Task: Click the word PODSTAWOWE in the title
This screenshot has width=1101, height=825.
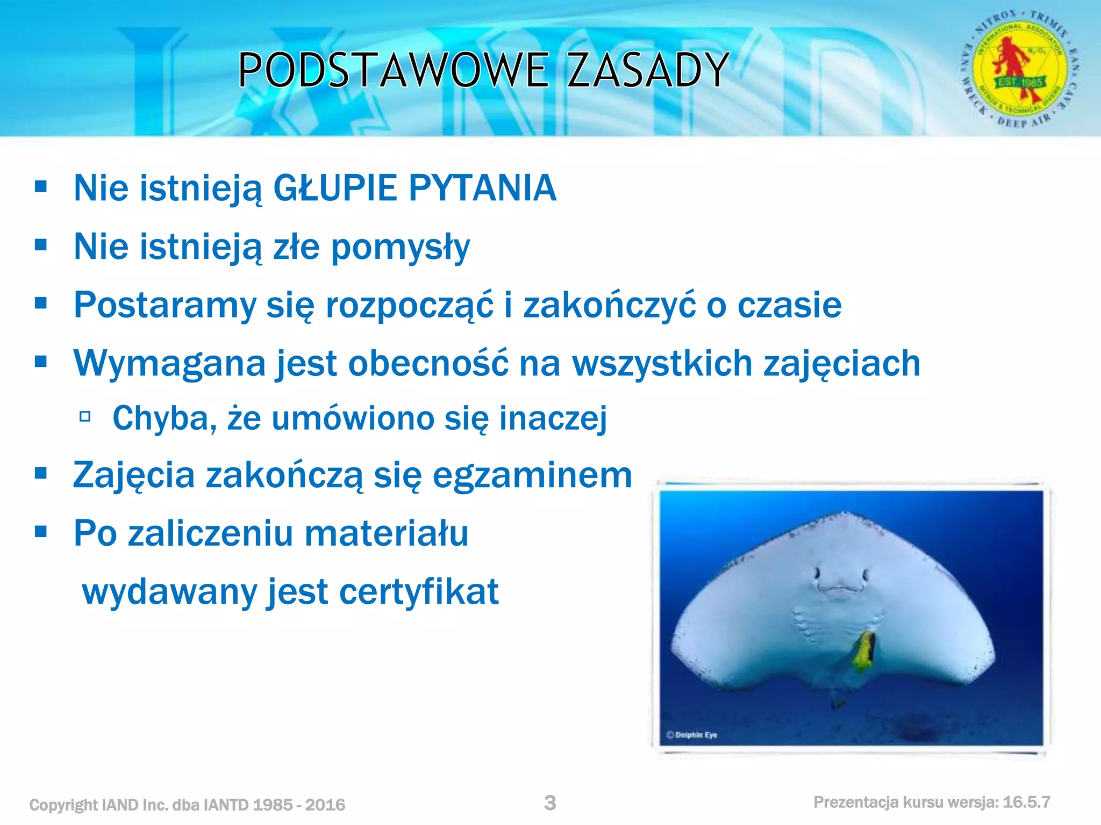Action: [x=393, y=70]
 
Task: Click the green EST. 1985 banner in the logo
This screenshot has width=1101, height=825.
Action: [x=1020, y=82]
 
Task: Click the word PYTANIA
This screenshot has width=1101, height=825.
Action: [x=482, y=189]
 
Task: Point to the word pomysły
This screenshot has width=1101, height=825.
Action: [x=400, y=248]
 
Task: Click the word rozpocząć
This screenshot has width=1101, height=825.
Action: [x=409, y=306]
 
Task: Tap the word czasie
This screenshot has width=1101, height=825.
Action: [x=789, y=306]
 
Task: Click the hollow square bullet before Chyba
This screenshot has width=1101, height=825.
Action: [x=85, y=416]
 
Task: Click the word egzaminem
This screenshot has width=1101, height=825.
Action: [x=532, y=476]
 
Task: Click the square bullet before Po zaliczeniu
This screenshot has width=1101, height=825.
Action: [x=41, y=532]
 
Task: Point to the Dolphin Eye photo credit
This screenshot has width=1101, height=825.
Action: [x=692, y=735]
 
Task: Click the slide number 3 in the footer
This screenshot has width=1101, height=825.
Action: [x=550, y=803]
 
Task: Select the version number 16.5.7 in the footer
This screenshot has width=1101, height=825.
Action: [x=1026, y=802]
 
